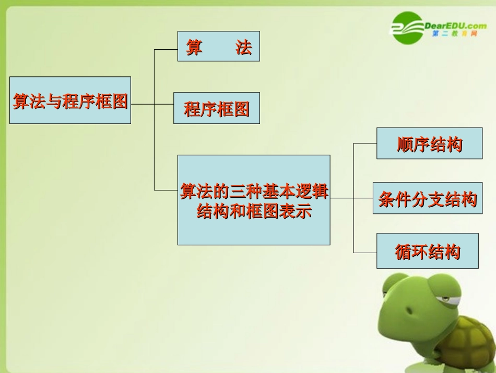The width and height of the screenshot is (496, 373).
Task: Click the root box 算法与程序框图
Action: [x=70, y=100]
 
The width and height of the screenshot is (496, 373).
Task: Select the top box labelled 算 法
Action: [x=218, y=46]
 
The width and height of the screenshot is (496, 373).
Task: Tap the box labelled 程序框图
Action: [x=216, y=108]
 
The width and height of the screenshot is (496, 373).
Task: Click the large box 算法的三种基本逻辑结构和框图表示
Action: [x=254, y=200]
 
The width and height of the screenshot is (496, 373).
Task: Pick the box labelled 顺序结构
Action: [x=429, y=143]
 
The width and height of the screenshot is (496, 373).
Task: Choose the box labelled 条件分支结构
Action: [x=428, y=198]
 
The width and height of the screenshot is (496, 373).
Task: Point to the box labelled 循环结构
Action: [x=427, y=251]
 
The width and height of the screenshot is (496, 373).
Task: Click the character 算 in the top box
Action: [x=194, y=47]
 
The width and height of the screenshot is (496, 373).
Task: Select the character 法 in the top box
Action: [x=243, y=47]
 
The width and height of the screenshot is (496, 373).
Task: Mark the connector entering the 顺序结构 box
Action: [x=365, y=143]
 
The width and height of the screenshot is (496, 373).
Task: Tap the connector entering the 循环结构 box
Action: [x=365, y=253]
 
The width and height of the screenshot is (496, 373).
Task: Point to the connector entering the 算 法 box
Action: [x=166, y=49]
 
